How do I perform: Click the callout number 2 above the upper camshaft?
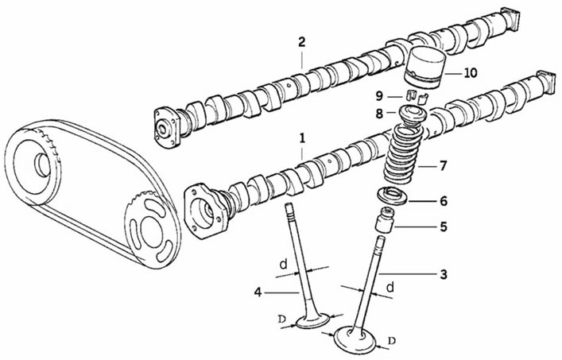302,42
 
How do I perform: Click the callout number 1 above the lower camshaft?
302,138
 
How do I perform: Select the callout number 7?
444,166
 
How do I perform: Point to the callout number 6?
444,201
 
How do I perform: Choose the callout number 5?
444,226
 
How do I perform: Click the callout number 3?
444,274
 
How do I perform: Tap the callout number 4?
258,292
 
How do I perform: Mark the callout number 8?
379,114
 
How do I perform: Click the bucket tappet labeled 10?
426,68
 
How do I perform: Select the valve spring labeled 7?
403,154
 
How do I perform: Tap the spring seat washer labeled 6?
391,197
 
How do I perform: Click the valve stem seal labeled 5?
385,220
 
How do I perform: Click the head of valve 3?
355,339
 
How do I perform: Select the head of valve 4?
312,320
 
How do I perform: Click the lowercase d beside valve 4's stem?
284,265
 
